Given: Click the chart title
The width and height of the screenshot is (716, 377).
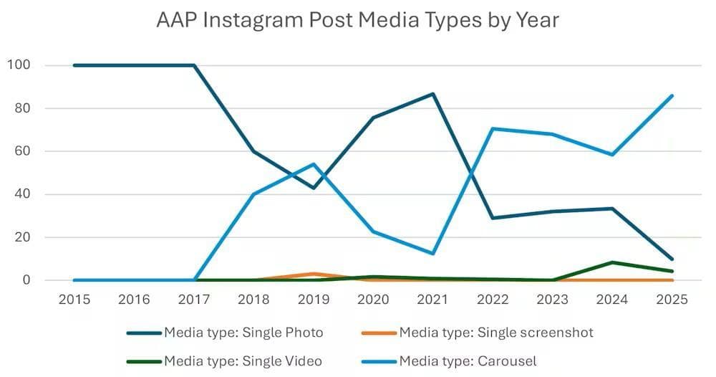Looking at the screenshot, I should coord(357,20).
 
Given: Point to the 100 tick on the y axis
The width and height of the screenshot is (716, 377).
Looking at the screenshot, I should coord(19,65).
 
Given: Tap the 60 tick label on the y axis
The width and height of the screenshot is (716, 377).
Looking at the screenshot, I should coord(23,151).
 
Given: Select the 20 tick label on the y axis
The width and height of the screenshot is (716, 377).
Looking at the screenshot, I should coord(23,237).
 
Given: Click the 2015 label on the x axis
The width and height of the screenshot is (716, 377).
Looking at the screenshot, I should coord(74,300).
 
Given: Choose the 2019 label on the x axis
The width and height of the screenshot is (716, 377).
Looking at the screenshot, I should coord(314,300).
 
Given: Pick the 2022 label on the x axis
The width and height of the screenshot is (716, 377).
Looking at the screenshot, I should coord(493,300).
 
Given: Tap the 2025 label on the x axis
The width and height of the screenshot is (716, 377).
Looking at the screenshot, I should coord(672,300).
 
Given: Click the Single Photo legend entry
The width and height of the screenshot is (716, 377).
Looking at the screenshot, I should coord(225,332).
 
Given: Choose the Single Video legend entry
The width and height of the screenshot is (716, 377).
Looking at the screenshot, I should coord(224,360).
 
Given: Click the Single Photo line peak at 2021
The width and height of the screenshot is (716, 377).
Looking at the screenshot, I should coord(433,94).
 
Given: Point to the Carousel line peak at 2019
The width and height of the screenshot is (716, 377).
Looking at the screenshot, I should coord(314,164).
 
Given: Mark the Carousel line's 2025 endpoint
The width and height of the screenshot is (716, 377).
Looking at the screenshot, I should coord(672,96).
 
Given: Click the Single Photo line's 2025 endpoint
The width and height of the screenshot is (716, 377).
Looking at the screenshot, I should coord(672,259).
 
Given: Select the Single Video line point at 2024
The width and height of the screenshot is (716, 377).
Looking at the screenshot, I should coord(613,262).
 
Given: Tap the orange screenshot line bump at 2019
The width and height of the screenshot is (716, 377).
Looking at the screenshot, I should coord(314,274).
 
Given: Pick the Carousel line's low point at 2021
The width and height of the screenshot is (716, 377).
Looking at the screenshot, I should coord(433,253).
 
